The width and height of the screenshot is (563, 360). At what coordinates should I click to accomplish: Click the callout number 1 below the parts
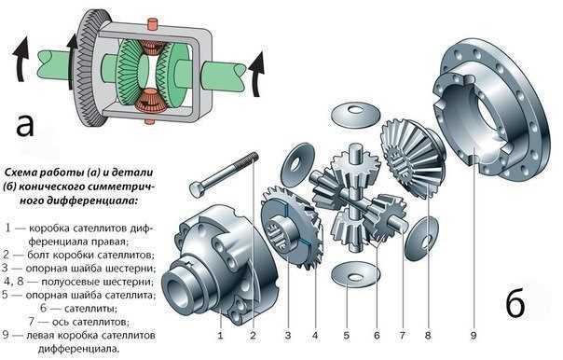tap(220, 336)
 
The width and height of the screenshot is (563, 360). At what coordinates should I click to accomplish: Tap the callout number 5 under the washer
tap(346, 336)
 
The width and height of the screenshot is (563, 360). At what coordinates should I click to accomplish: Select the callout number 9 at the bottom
tap(474, 336)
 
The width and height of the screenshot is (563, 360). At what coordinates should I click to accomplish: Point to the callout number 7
tap(402, 336)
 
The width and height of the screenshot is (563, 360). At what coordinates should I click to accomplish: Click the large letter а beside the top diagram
tap(25, 125)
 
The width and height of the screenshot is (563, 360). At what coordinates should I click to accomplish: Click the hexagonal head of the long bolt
tap(197, 188)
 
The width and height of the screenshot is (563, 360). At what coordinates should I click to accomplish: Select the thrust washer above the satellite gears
tap(355, 114)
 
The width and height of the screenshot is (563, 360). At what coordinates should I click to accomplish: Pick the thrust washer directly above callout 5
tap(355, 274)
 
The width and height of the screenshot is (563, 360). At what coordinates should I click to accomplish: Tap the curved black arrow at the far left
tap(21, 59)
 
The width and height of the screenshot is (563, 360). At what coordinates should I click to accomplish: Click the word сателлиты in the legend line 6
tap(90, 309)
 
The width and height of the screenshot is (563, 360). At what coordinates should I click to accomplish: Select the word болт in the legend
tap(38, 255)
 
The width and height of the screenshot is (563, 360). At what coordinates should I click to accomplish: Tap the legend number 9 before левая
tap(5, 335)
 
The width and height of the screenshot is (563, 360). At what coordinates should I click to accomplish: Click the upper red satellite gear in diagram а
tap(151, 47)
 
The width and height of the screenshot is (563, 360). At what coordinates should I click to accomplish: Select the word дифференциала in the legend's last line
tap(78, 349)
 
